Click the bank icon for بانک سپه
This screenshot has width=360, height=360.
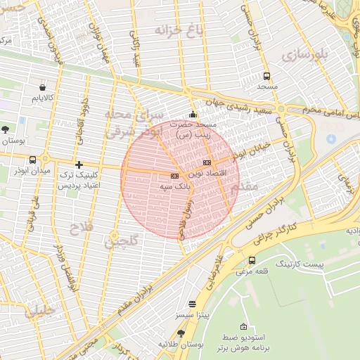click(174, 175)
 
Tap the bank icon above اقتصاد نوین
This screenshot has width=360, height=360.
click(206, 162)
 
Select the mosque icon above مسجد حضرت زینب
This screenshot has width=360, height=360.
click(193, 115)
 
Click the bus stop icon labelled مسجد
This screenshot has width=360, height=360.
click(266, 76)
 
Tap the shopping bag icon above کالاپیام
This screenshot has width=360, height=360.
click(44, 89)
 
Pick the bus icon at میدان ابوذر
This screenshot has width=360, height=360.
click(16, 169)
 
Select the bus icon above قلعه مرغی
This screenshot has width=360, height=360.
click(252, 260)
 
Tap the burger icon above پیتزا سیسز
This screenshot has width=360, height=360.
click(192, 304)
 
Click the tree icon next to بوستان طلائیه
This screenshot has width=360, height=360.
click(181, 333)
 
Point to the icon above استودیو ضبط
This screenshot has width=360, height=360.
click(243, 326)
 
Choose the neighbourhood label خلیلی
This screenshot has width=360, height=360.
click(39, 311)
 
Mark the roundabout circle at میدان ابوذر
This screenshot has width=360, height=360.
click(46, 157)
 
